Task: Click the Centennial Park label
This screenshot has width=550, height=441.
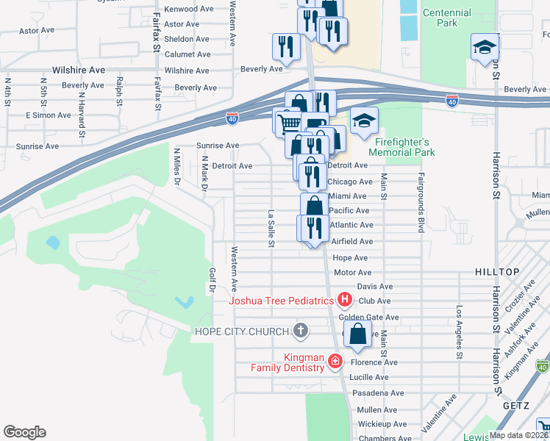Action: (x=447, y=18)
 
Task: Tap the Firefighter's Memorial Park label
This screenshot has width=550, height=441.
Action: (x=405, y=147)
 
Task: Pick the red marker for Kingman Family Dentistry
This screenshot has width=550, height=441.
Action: (x=335, y=361)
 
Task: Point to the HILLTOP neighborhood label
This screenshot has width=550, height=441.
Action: (x=497, y=272)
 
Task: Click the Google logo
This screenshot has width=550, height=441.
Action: (x=24, y=432)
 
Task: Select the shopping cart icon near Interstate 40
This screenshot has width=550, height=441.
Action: (x=289, y=121)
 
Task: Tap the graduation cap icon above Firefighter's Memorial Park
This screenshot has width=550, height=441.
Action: (x=363, y=121)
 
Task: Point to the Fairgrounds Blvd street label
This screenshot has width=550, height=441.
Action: (x=422, y=203)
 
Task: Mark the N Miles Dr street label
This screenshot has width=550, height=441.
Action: (x=176, y=168)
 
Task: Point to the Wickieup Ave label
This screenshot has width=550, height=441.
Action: (x=382, y=424)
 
